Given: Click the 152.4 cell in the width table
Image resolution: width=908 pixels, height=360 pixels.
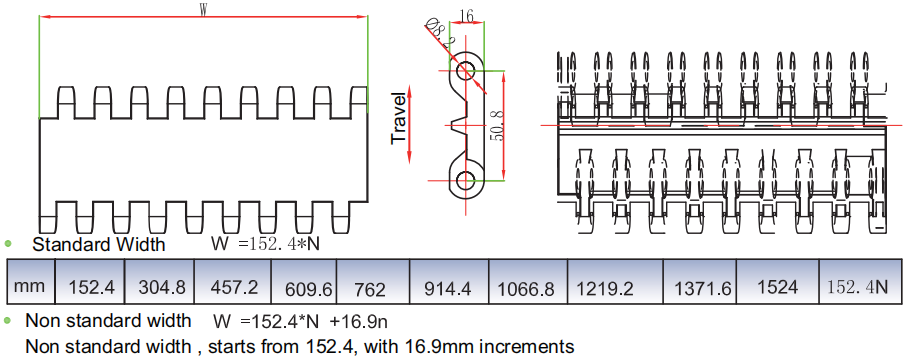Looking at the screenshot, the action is click(x=90, y=281).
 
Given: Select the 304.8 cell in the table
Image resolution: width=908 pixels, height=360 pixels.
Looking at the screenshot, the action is click(x=159, y=281).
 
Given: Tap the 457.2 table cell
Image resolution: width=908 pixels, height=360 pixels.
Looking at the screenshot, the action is click(x=233, y=281).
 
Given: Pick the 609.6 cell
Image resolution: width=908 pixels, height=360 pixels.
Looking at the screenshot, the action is click(x=304, y=281).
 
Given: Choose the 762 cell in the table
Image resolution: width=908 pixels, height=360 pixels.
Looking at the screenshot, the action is click(x=373, y=281).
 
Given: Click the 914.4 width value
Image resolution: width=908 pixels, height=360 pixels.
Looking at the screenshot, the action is click(x=449, y=281).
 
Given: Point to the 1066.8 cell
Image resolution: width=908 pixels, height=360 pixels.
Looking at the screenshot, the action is click(x=528, y=281).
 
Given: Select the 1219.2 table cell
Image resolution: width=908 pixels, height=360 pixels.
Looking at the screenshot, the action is click(x=615, y=281).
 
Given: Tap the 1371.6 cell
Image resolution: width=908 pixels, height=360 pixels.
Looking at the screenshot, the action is click(x=700, y=281).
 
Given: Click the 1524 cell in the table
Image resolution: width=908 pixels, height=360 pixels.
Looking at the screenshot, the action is click(x=778, y=281).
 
